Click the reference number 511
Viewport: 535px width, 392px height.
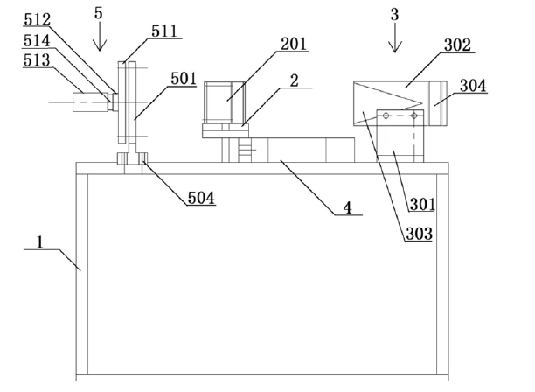(x=164, y=31)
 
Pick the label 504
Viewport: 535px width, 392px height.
(x=200, y=198)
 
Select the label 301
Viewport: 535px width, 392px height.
(x=423, y=206)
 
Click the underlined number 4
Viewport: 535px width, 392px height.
(x=348, y=211)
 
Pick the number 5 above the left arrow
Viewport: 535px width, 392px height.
(x=98, y=13)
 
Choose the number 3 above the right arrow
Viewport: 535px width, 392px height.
(x=394, y=13)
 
